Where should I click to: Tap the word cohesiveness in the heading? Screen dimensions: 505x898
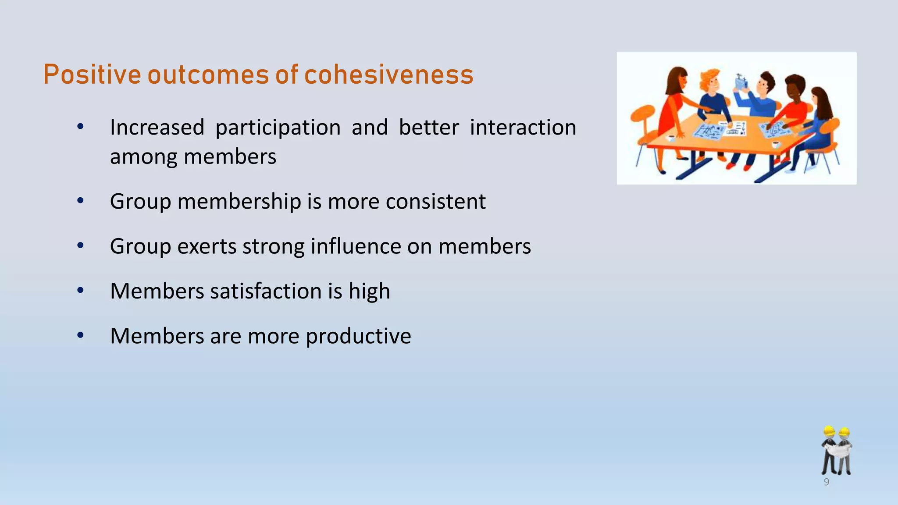point(388,75)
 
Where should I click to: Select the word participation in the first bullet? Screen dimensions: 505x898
point(278,128)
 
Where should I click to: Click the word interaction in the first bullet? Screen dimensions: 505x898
point(523,128)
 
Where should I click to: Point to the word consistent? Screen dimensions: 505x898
point(435,202)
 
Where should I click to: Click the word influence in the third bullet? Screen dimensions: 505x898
point(356,246)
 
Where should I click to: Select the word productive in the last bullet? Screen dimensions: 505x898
point(358,336)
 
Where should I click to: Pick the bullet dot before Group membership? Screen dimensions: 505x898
point(80,201)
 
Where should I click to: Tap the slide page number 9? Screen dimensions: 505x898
point(827,482)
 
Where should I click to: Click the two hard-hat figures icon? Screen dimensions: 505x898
point(837,451)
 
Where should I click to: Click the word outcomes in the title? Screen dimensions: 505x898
point(208,75)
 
